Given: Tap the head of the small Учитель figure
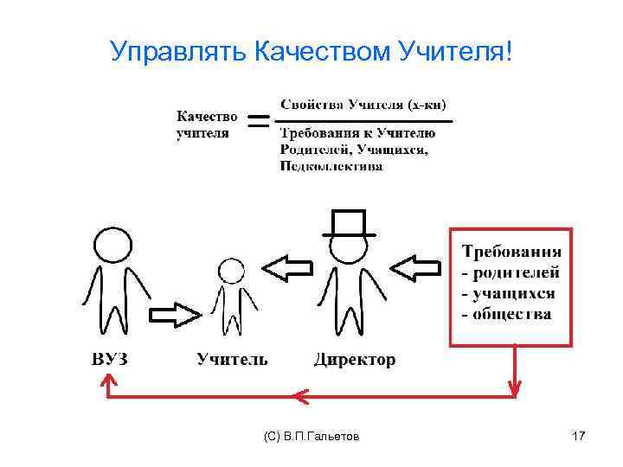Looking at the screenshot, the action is pyautogui.click(x=231, y=271).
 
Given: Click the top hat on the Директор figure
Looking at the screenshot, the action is pyautogui.click(x=350, y=223).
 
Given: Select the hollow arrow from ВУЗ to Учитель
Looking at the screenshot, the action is pyautogui.click(x=177, y=313).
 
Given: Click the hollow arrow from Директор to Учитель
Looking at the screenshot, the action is pyautogui.click(x=289, y=267).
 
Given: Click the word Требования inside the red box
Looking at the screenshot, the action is pyautogui.click(x=511, y=252).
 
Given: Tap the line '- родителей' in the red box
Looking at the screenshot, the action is pyautogui.click(x=511, y=272).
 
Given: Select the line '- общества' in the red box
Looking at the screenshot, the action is pyautogui.click(x=507, y=314).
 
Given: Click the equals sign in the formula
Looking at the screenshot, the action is pyautogui.click(x=257, y=124).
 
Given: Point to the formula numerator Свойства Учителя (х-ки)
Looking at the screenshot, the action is pyautogui.click(x=363, y=106).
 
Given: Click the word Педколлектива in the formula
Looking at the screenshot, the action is pyautogui.click(x=331, y=167).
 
